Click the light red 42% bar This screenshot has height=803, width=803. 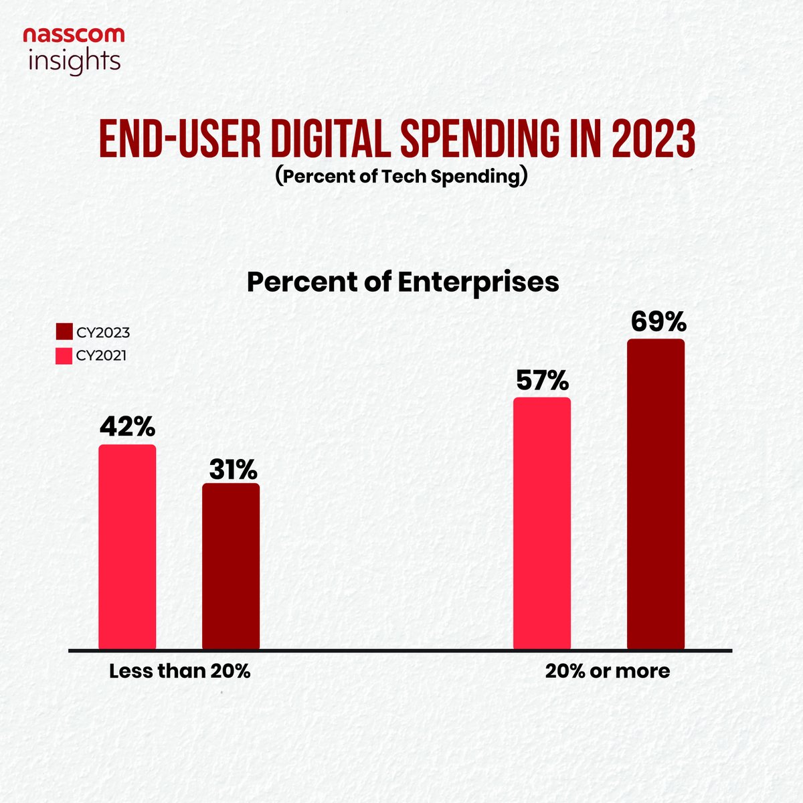(x=127, y=547)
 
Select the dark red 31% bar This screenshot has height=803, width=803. (x=231, y=566)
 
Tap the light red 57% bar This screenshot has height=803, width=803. (x=542, y=523)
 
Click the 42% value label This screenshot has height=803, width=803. (x=127, y=426)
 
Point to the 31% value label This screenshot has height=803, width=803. (x=232, y=470)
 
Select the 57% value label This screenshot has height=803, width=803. (x=542, y=381)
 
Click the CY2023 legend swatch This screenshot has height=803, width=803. (x=64, y=333)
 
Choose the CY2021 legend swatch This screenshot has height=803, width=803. (x=64, y=355)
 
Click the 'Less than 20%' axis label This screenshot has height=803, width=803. (x=179, y=671)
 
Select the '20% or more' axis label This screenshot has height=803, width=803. (x=607, y=671)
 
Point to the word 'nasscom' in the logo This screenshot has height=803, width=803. (x=74, y=35)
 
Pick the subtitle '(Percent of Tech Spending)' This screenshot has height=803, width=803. (x=401, y=178)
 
